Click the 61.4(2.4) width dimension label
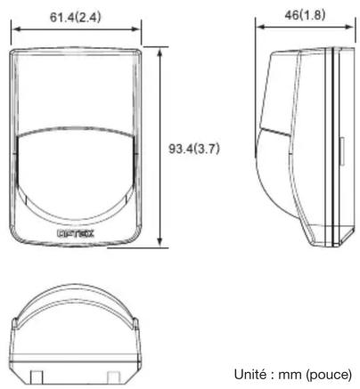pos(76,17)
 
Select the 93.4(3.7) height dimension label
pos(194,149)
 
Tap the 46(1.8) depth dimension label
pos(305,15)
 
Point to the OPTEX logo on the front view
pos(76,233)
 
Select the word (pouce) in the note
pos(330,375)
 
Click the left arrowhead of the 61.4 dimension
pos(15,29)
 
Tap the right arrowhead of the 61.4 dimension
pos(136,29)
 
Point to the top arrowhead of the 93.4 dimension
pos(160,53)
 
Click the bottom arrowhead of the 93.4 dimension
pos(160,242)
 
